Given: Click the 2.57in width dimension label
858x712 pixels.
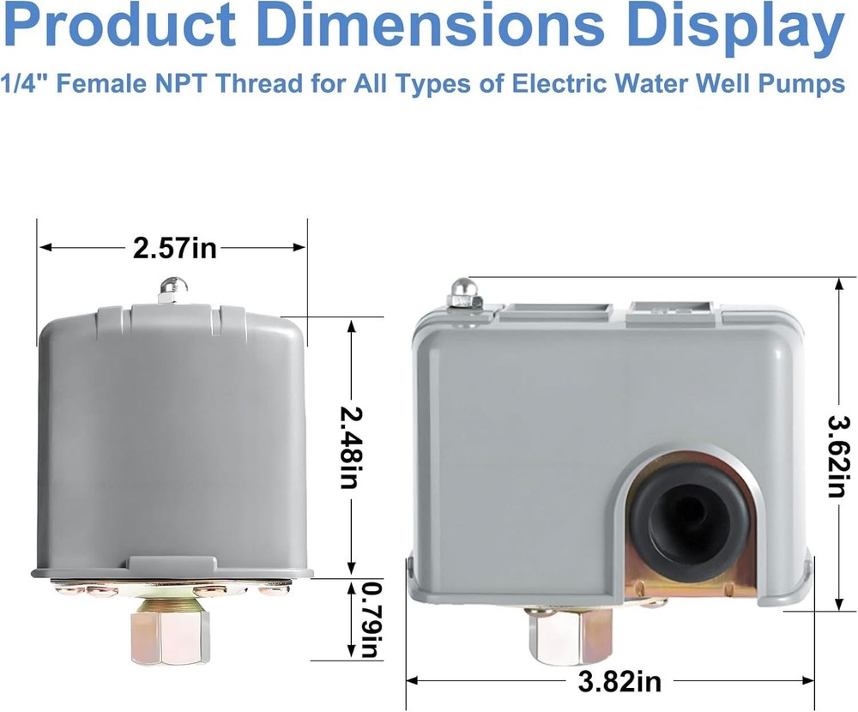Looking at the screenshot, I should click(174, 248).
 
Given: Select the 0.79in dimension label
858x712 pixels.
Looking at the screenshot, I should click(369, 619).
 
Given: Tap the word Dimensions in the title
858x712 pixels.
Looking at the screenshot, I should click(427, 27).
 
